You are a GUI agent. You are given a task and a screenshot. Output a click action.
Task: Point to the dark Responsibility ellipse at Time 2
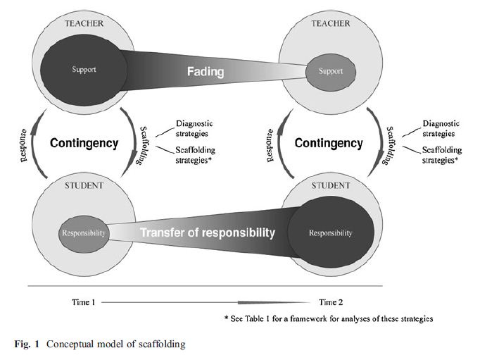(x=330, y=232)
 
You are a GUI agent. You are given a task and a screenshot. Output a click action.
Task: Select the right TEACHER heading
(x=331, y=24)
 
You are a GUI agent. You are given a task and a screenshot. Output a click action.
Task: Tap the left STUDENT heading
(x=84, y=186)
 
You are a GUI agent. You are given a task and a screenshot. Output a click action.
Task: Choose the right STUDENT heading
(x=329, y=186)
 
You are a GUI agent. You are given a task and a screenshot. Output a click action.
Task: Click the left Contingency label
(x=84, y=143)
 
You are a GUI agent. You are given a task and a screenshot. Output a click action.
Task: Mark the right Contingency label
(x=329, y=143)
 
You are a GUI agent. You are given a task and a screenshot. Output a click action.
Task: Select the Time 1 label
(x=83, y=302)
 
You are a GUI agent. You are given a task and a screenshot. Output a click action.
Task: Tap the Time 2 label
(x=331, y=302)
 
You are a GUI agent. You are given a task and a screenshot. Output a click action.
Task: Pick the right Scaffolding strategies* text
(x=441, y=154)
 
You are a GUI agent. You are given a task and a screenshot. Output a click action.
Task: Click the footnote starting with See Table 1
(x=329, y=318)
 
